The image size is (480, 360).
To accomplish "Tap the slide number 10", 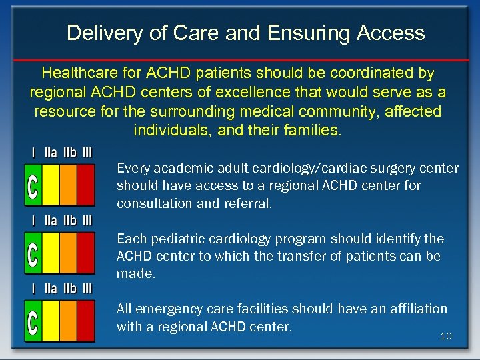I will click(x=445, y=336).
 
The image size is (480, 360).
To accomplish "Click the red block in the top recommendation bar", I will click(x=86, y=185).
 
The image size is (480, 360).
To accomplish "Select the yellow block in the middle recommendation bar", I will click(x=51, y=253).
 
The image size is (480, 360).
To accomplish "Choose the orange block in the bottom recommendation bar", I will click(x=68, y=321).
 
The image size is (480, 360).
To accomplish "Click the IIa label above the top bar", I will click(x=51, y=152).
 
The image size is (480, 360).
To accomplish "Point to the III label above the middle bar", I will click(x=87, y=220).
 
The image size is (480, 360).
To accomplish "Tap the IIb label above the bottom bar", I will click(x=69, y=289).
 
